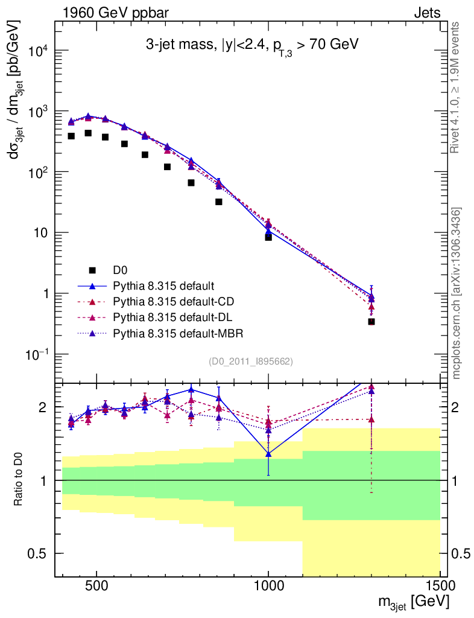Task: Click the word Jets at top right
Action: (x=426, y=13)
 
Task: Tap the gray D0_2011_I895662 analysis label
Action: (x=251, y=362)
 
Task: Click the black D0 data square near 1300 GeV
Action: (x=371, y=322)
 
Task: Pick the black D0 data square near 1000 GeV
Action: (x=268, y=237)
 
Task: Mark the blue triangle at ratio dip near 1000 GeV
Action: (x=268, y=454)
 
